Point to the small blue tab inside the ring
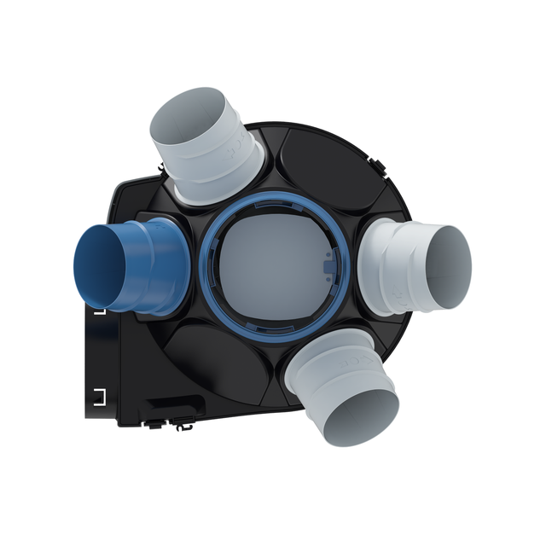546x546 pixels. pos(332,266)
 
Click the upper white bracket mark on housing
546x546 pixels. pos(99,311)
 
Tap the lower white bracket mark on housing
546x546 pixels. pos(99,394)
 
